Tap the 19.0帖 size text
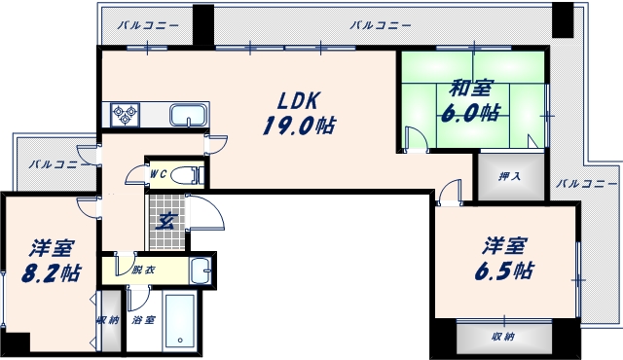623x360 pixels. point(298,125)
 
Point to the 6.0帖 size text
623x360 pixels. point(474,112)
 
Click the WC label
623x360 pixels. point(160,174)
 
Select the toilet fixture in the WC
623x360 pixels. point(191,175)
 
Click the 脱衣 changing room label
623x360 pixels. point(143,269)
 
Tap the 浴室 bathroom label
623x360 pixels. point(143,320)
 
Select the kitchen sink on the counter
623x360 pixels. point(188,116)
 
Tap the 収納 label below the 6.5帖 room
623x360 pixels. point(502,337)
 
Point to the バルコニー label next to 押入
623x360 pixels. point(586,183)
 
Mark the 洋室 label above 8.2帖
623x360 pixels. point(48,247)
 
